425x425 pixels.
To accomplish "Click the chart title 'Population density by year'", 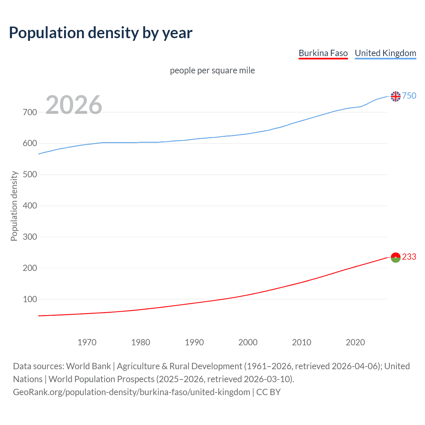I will pos(101,33).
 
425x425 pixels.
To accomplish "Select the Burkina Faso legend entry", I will pos(323,53).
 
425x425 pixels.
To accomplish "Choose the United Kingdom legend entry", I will pos(385,53).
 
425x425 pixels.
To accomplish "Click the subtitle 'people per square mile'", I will pos(212,70).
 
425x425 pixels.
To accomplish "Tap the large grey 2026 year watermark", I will pos(74,105).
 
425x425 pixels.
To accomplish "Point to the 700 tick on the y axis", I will pos(30,112).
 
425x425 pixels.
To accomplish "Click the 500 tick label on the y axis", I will pos(30,175).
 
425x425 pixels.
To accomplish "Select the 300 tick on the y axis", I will pos(30,237).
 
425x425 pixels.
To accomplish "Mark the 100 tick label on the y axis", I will pos(30,299).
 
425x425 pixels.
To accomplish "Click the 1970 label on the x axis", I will pos(87,342).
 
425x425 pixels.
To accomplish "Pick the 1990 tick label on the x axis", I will pos(194,342).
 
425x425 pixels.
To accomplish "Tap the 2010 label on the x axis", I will pos(301,342).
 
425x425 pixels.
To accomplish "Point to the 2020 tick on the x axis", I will pos(355,342).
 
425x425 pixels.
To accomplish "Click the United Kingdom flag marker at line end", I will pos(395,96).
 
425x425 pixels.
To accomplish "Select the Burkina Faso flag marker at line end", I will pos(395,257).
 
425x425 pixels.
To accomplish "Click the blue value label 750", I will pos(409,96).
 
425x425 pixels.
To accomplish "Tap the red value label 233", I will pos(409,257).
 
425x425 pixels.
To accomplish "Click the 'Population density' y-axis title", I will pos(14,206).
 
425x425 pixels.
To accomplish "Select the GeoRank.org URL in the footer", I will pos(131,392).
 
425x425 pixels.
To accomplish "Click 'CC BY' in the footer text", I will pos(268,392).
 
